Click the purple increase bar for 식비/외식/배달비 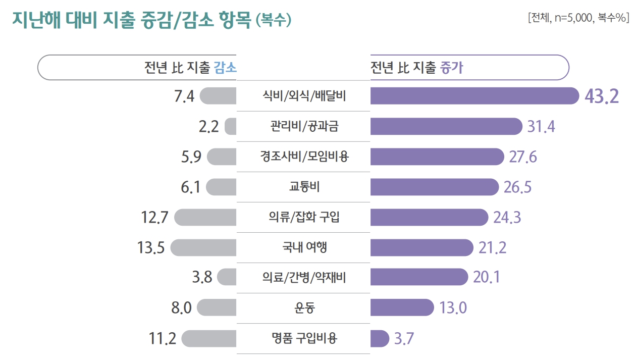pos(474,96)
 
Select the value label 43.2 pos(602,96)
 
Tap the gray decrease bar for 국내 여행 pos(203,248)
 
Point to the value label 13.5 pos(151,248)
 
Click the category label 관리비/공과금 pos(304,126)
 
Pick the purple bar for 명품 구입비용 pos(380,338)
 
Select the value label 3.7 pos(404,339)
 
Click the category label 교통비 pos(304,187)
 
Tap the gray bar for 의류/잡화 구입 pos(205,218)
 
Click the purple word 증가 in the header pos(452,68)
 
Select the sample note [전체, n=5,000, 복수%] pos(578,18)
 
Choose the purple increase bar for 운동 pos(402,307)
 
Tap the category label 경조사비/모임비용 pos(304,157)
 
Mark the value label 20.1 pos(487,278)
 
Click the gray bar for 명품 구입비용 pos(208,338)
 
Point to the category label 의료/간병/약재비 pos(304,278)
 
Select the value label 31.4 pos(541,127)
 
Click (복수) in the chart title pos(273,20)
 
